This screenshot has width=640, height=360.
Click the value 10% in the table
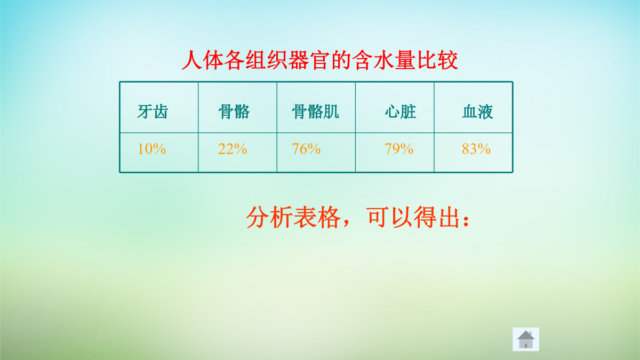point(151,149)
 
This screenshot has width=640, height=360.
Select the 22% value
point(233,149)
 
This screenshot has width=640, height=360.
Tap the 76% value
point(306,149)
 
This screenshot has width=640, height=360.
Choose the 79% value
point(399,149)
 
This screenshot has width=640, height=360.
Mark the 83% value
point(476,149)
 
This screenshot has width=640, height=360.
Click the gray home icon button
point(526,339)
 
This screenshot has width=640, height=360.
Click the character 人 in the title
point(192,60)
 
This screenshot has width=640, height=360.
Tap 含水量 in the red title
point(383,60)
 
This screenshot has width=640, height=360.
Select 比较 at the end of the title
point(437,60)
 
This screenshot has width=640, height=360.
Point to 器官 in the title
point(309,60)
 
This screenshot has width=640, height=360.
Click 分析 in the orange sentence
point(269,217)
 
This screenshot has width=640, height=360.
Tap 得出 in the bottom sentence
point(437,217)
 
